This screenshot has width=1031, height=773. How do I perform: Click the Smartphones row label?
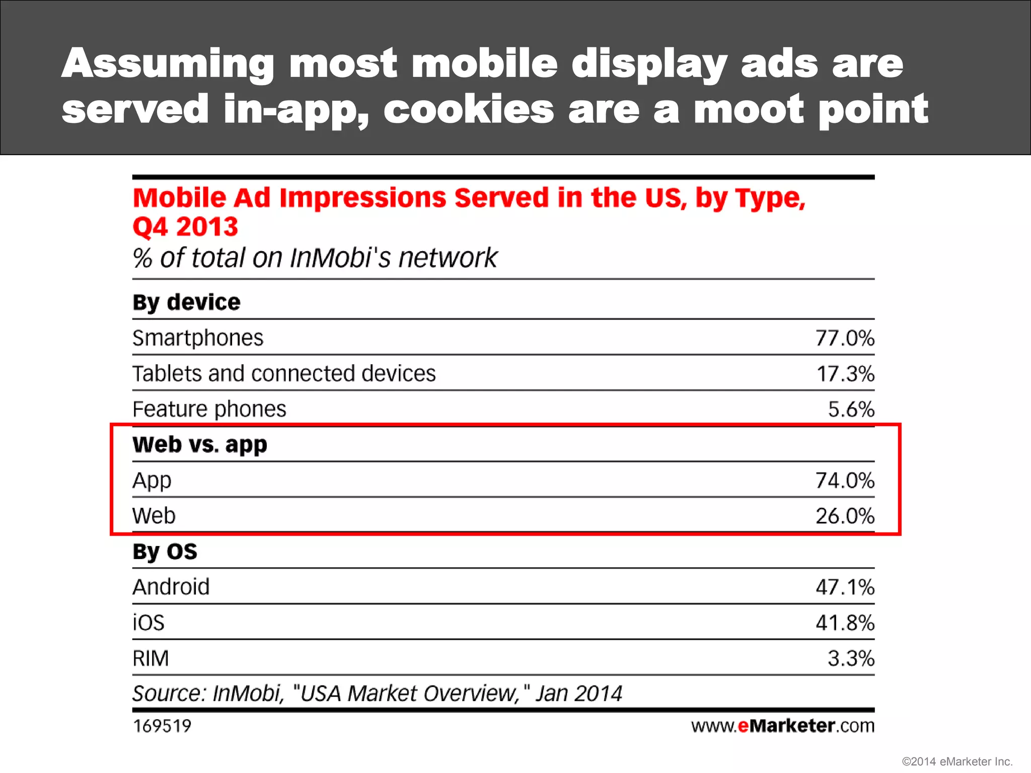pyautogui.click(x=198, y=338)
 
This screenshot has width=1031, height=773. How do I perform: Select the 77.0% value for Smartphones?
pyautogui.click(x=845, y=338)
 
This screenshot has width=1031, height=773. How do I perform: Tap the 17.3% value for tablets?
pyautogui.click(x=845, y=373)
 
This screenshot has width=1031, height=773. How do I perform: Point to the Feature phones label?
pyautogui.click(x=209, y=409)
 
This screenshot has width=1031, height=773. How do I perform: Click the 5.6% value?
pyautogui.click(x=851, y=409)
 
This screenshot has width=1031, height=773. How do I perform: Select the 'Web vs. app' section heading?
pyautogui.click(x=200, y=445)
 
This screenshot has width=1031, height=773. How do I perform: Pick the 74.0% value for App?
pyautogui.click(x=845, y=480)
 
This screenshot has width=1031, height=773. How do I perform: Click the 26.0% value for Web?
pyautogui.click(x=845, y=516)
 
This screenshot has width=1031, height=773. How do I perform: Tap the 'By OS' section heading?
pyautogui.click(x=165, y=552)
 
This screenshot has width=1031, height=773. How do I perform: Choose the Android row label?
pyautogui.click(x=171, y=587)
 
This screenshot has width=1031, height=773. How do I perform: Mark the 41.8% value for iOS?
pyautogui.click(x=845, y=623)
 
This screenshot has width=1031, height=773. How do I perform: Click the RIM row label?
pyautogui.click(x=151, y=658)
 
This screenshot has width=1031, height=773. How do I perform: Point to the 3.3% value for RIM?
pyautogui.click(x=851, y=658)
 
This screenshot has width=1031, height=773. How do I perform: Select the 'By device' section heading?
pyautogui.click(x=186, y=302)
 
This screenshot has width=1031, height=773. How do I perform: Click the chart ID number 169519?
pyautogui.click(x=162, y=726)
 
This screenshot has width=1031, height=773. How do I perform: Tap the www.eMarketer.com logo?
pyautogui.click(x=782, y=726)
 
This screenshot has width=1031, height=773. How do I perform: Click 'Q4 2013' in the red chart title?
pyautogui.click(x=185, y=226)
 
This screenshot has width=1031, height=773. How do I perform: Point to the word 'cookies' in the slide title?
pyautogui.click(x=468, y=109)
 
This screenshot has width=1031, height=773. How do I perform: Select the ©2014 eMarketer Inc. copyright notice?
pyautogui.click(x=957, y=761)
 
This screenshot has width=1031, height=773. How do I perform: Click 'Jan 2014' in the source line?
pyautogui.click(x=579, y=693)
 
